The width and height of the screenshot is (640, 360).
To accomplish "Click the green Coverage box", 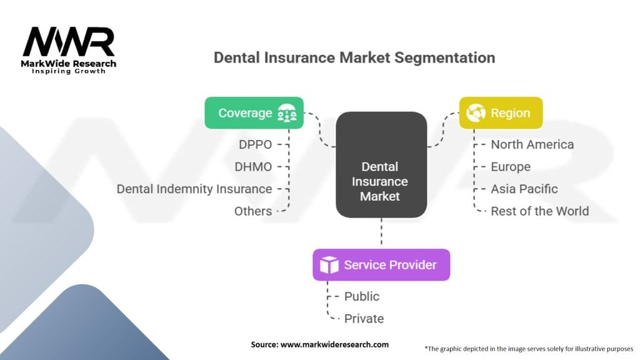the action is coord(254,113).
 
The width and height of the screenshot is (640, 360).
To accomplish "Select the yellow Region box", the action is coord(501,113).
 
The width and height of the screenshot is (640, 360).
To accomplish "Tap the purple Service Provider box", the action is coord(381,265).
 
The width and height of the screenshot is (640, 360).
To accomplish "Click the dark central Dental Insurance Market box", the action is coord(381,165).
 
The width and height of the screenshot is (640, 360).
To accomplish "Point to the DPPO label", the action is coord(256,144).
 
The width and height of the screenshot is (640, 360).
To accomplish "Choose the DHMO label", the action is coord(254,166).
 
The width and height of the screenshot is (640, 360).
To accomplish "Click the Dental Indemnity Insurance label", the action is coord(194,189).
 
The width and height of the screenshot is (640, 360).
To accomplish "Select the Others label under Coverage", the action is coord(253,211).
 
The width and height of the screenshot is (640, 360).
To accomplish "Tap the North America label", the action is coord(532,144).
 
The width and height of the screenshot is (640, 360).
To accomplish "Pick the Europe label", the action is coord(511,167).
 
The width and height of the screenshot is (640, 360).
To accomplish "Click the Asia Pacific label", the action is coord(524,189).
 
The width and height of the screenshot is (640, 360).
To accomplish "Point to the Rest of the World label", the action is coord(540,211).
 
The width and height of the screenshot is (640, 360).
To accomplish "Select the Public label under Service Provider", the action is coord(362,296).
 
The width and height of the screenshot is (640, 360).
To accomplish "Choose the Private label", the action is coord(364,318).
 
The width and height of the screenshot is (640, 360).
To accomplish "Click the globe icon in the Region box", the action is coord(476,112).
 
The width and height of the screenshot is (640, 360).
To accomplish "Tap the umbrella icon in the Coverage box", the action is coord(287,113).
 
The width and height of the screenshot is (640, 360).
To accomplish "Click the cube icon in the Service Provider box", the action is coord(329,265).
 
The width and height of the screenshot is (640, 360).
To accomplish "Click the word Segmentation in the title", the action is coord(444,57).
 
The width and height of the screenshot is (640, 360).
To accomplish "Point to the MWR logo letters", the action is coord(69,42).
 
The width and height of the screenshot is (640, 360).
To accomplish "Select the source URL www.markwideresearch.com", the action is coord(335,344).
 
